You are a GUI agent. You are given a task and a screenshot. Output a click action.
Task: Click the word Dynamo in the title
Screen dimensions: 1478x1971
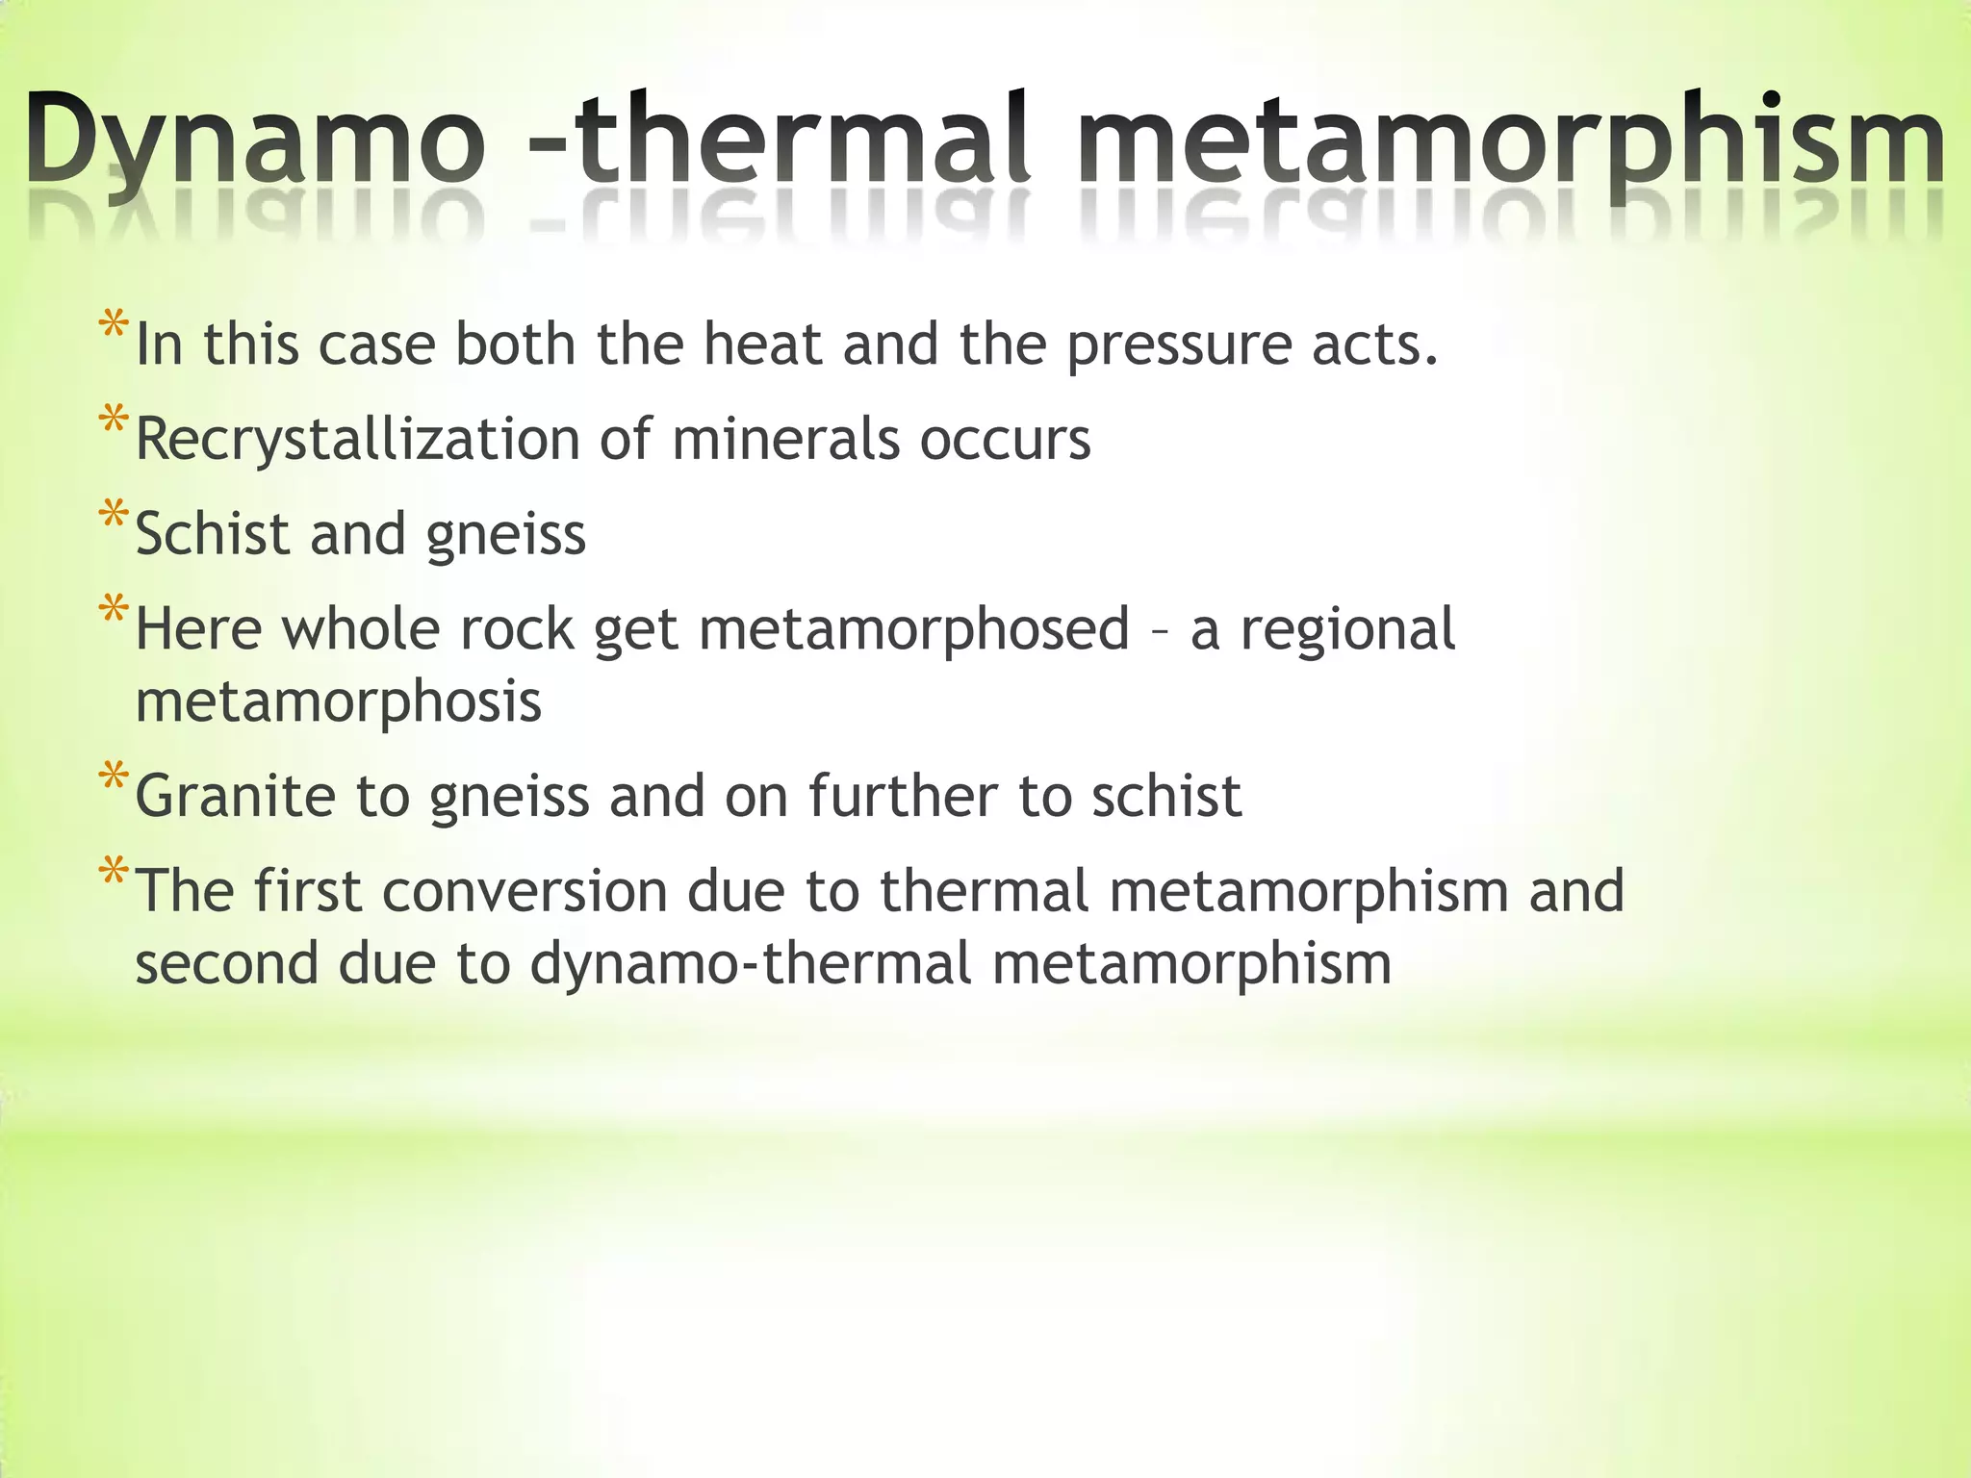(x=255, y=140)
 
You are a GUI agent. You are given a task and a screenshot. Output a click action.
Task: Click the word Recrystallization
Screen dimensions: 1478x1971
(x=356, y=441)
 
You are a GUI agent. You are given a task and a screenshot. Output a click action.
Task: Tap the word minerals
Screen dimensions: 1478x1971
(x=785, y=439)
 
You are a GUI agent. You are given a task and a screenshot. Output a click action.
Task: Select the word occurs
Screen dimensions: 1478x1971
(x=1005, y=441)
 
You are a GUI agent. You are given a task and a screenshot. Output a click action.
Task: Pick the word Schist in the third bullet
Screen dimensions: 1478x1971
(x=212, y=533)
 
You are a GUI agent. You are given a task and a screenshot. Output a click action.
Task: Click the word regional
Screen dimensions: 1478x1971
(x=1347, y=630)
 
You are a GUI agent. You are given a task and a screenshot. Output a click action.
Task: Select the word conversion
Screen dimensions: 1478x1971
(x=525, y=890)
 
